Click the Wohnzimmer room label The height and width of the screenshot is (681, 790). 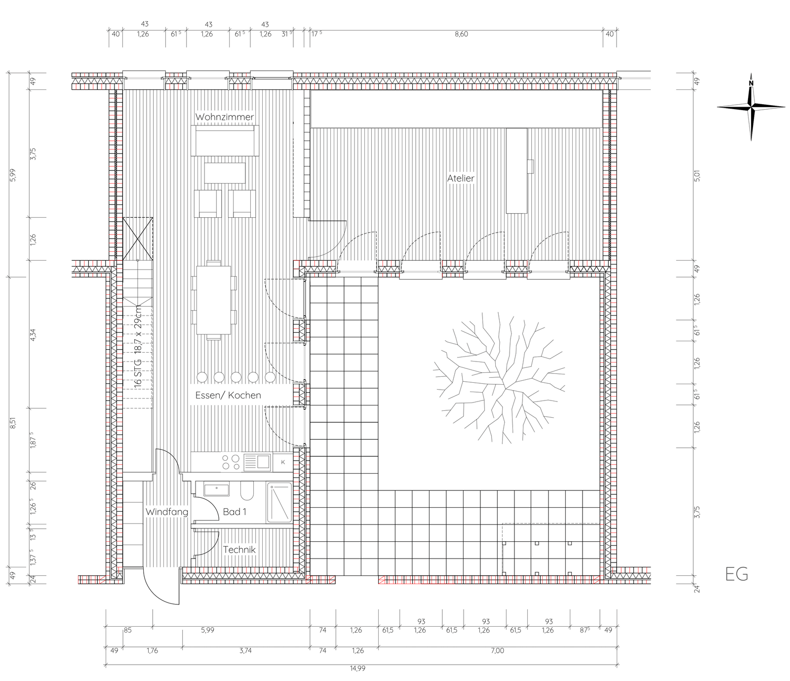(x=225, y=117)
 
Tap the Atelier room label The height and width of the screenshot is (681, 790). (x=461, y=178)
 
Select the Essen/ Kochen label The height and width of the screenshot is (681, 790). (x=228, y=395)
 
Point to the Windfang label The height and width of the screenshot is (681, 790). (x=167, y=512)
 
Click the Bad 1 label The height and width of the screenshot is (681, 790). (x=235, y=512)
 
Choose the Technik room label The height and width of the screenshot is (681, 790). (x=239, y=550)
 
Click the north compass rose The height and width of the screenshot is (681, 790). (x=751, y=107)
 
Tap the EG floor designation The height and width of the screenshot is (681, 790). (x=737, y=574)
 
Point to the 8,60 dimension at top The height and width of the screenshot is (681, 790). (x=461, y=34)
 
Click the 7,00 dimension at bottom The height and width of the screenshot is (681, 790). (x=498, y=650)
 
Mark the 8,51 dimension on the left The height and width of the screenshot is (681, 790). (x=13, y=423)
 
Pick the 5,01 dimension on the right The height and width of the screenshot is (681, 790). (x=697, y=175)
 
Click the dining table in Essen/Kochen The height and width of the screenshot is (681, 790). (x=214, y=300)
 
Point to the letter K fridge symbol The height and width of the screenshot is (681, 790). (x=283, y=462)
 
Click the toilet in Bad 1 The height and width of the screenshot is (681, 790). (x=247, y=491)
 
